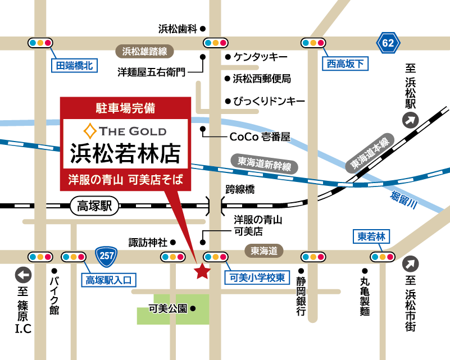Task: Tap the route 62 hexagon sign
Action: [x=388, y=43]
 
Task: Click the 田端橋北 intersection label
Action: [x=74, y=66]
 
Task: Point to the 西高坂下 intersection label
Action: [x=346, y=64]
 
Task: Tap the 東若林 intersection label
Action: [x=372, y=236]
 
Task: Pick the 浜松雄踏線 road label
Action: [x=144, y=52]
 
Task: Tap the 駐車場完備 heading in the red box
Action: [x=126, y=106]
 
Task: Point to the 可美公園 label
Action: [x=167, y=308]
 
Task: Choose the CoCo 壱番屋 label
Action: [x=260, y=136]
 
